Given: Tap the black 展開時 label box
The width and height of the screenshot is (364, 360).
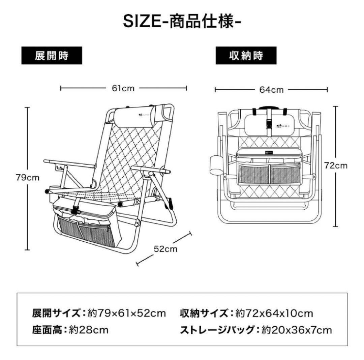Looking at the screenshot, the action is (x=52, y=56).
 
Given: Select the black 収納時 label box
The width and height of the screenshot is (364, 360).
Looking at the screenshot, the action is (x=246, y=56).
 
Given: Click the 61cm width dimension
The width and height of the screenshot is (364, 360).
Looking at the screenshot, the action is (x=123, y=88).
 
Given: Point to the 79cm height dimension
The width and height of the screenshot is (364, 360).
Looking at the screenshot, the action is (x=28, y=178).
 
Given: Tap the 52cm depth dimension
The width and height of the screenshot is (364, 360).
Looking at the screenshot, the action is (x=165, y=248).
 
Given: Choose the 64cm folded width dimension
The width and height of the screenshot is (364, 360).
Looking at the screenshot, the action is (x=271, y=90).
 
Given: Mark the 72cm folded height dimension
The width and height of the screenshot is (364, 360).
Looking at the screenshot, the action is (x=335, y=166).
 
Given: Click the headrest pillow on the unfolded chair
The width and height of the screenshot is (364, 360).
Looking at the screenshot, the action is (x=134, y=116).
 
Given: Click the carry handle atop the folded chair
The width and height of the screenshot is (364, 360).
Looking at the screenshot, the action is (x=269, y=108).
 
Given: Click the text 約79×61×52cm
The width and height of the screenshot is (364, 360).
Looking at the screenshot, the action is (x=127, y=313).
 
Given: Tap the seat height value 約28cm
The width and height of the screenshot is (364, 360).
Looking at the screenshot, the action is (x=89, y=330).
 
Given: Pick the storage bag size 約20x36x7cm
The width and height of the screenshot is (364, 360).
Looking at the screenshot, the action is (x=297, y=330).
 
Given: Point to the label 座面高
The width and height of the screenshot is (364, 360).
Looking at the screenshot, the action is (x=47, y=330).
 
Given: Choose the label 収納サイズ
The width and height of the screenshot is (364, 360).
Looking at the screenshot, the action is (x=204, y=313).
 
